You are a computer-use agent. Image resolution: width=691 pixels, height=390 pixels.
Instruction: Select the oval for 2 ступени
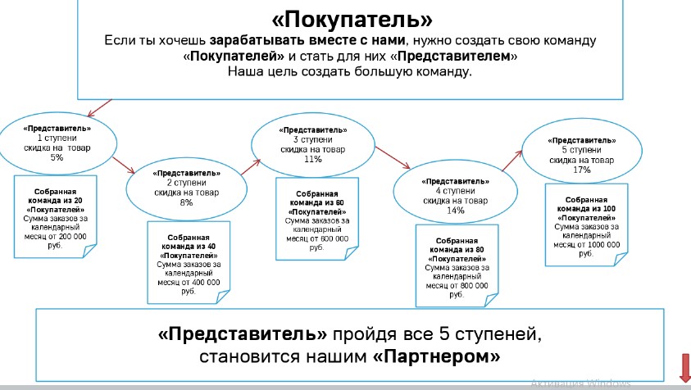(x=186, y=187)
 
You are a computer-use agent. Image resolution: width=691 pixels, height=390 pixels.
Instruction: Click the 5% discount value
(x=57, y=157)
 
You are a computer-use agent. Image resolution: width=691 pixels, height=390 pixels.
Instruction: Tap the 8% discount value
(x=186, y=202)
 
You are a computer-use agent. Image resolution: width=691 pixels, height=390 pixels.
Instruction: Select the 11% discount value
(x=311, y=160)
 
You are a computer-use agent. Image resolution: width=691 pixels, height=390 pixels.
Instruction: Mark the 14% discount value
(x=455, y=211)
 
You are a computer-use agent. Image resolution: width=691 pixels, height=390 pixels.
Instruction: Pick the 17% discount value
(x=582, y=170)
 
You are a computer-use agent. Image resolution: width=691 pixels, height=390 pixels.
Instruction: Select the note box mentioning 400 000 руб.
(x=188, y=262)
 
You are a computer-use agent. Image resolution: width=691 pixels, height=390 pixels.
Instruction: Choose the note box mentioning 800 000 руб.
(x=457, y=266)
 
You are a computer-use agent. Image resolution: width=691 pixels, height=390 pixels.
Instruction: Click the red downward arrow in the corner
(x=682, y=367)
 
